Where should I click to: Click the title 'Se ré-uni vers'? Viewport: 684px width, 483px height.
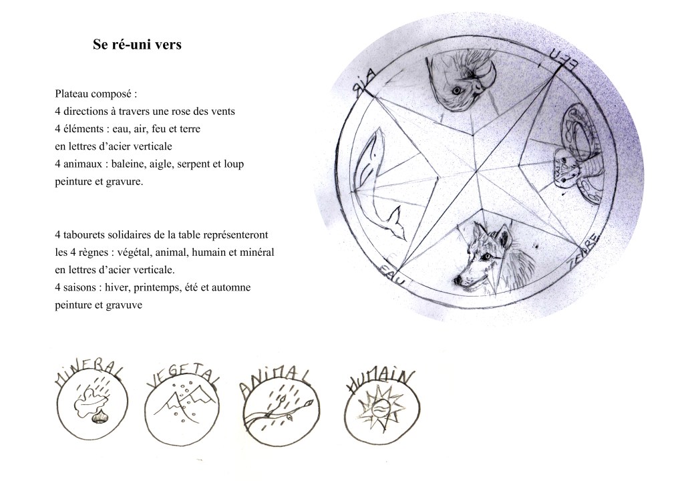(137, 45)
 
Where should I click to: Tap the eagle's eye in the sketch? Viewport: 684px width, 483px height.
(457, 91)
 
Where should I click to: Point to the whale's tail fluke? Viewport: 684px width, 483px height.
(397, 224)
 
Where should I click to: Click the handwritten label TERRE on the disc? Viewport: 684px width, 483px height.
(584, 251)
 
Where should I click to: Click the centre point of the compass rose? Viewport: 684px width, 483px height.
(478, 171)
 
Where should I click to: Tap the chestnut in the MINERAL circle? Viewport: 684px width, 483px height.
(99, 418)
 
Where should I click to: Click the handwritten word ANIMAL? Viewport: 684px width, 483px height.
(275, 381)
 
